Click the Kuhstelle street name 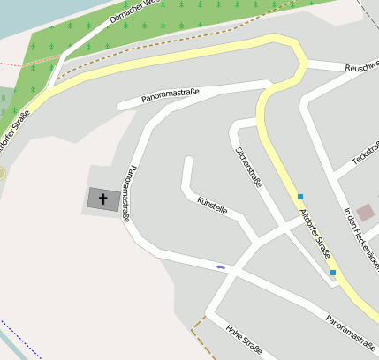[213, 206]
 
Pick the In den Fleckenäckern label [360, 236]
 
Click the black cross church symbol [102, 199]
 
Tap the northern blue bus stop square [300, 196]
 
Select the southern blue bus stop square [333, 273]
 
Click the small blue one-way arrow [220, 266]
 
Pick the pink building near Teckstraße [365, 212]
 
